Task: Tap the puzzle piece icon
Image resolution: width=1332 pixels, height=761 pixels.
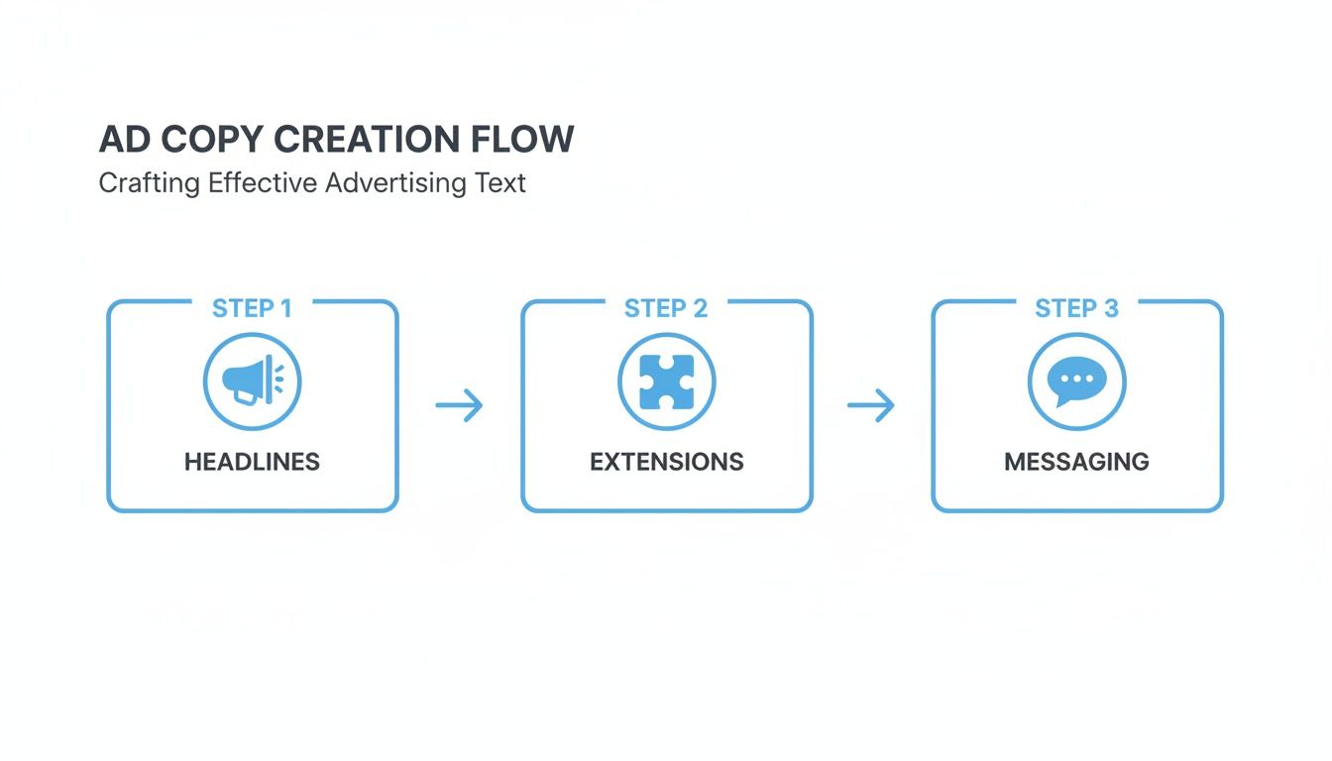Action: click(666, 381)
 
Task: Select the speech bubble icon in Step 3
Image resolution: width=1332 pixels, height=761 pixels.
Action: click(1076, 381)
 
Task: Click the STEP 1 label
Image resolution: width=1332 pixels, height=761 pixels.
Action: click(252, 308)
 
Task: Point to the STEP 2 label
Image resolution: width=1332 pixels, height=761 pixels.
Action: click(666, 308)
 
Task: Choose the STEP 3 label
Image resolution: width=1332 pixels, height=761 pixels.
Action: click(1076, 308)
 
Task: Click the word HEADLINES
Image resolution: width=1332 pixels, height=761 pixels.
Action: click(252, 462)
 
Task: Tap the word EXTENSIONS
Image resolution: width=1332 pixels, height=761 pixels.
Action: click(666, 462)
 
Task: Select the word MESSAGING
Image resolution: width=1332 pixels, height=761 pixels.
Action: click(1076, 462)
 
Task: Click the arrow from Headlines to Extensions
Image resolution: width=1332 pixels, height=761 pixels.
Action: click(459, 404)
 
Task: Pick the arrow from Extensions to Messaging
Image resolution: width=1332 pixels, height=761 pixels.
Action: click(870, 404)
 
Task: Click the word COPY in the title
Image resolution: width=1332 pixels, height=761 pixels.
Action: click(213, 140)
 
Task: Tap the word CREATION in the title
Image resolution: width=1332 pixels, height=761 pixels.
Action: click(367, 140)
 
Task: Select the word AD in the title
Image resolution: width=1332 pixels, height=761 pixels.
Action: click(124, 140)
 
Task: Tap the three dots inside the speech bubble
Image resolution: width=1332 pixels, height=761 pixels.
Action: click(1076, 379)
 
